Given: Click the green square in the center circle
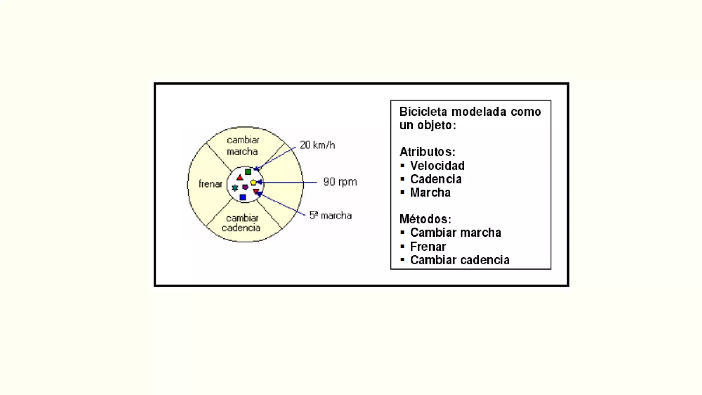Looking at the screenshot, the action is (248, 171).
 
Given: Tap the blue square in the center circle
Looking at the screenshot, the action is (243, 197).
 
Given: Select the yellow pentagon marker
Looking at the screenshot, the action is (253, 182).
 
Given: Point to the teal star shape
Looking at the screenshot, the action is (235, 188).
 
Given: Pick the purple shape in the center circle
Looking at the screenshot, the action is (245, 187).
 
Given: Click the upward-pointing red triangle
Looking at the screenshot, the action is (240, 178).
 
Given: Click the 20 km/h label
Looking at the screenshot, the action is (317, 145).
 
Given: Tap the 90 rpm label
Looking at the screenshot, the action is (340, 182).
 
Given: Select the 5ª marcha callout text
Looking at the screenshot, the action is (330, 215).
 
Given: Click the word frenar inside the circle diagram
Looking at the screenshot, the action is (210, 184).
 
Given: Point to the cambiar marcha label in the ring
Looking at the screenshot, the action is (243, 145).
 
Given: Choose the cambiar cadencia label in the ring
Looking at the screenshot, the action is (241, 223).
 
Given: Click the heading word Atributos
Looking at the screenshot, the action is (427, 152).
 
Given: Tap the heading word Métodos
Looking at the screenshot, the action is (425, 219).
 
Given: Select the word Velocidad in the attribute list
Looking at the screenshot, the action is (437, 166).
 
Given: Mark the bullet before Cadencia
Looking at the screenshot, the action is (402, 179).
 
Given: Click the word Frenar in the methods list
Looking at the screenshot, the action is (428, 247).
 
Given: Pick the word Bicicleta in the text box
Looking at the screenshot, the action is (423, 112).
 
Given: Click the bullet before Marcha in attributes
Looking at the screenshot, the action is (402, 192).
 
